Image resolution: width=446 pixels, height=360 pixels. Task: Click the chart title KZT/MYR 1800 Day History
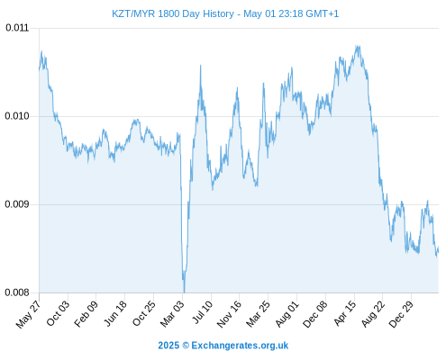(x=173, y=13)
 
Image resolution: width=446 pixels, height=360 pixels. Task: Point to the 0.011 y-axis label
(x=17, y=28)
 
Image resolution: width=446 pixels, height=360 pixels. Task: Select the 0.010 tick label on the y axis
(x=17, y=116)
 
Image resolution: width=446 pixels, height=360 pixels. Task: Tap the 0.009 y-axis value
(x=17, y=204)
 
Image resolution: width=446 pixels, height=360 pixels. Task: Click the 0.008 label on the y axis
(x=17, y=292)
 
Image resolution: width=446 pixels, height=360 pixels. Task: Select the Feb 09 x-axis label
(x=86, y=314)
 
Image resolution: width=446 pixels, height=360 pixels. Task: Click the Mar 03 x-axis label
(x=172, y=314)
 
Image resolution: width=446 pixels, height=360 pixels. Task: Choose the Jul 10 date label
(x=203, y=312)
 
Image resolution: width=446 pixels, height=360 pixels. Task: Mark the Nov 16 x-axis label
(x=229, y=314)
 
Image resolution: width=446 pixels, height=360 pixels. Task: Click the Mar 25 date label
(x=258, y=314)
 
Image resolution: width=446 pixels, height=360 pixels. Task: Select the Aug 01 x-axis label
(x=287, y=314)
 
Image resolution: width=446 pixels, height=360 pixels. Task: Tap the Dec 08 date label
(x=315, y=314)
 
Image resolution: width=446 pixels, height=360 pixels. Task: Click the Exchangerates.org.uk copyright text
(x=223, y=346)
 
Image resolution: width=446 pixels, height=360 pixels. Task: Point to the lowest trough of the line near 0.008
(x=184, y=292)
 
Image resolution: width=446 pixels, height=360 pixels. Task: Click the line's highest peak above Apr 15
(x=357, y=46)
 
